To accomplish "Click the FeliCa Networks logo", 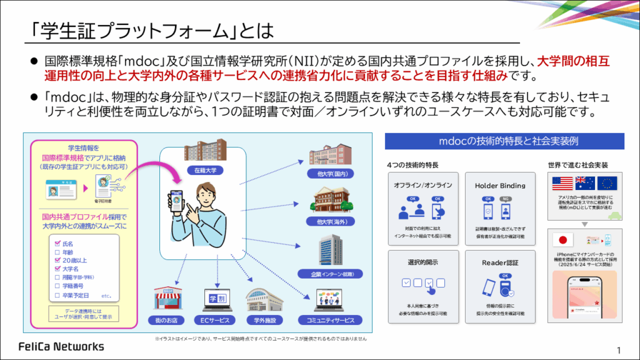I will pos(61,346).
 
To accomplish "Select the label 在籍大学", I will pos(205,169).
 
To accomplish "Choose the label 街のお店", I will pos(169,321).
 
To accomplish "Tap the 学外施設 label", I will pos(265,321).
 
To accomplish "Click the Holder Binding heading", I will pos(500,186).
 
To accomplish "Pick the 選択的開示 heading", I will pos(423,262).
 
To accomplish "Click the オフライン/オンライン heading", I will pos(423,186).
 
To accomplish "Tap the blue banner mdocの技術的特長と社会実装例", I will pos(504,141).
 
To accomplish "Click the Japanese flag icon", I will pos(564,241).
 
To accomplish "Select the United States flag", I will pos(562,183).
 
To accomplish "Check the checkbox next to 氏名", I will pos(57,243).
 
